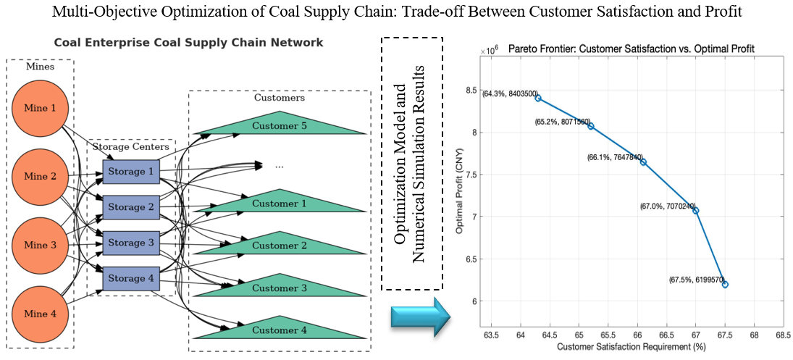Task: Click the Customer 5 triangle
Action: [x=280, y=126]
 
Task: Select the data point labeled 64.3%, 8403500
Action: [x=538, y=98]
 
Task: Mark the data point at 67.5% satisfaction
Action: [x=725, y=285]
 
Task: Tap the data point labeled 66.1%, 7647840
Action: [x=643, y=162]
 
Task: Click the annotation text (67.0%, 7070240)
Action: [x=666, y=206]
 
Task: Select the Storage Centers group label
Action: [x=130, y=147]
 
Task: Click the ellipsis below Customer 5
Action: [x=279, y=166]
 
